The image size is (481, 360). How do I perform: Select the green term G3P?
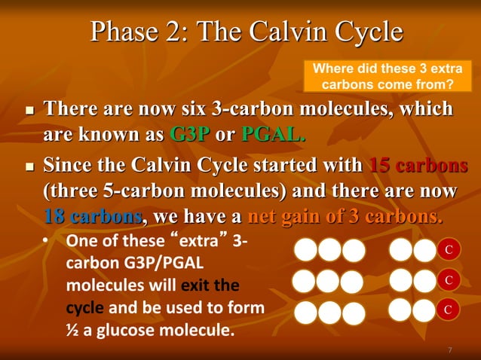pyautogui.click(x=189, y=136)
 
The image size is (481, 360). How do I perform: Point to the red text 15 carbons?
pyautogui.click(x=418, y=165)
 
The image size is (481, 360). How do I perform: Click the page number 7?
pyautogui.click(x=449, y=349)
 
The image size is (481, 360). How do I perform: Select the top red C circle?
pyautogui.click(x=448, y=249)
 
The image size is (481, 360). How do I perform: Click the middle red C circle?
pyautogui.click(x=448, y=280)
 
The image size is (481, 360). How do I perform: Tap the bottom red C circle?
pyautogui.click(x=448, y=310)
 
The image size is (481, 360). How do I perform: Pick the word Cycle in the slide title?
pyautogui.click(x=366, y=32)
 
